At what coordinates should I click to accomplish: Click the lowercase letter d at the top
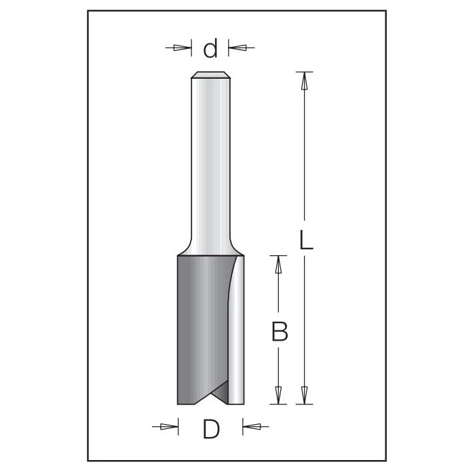click(211, 49)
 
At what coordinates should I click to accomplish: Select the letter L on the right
click(306, 240)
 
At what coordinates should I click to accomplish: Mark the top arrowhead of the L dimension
click(305, 81)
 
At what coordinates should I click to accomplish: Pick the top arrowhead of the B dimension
click(278, 264)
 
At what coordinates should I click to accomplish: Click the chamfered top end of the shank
click(210, 75)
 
